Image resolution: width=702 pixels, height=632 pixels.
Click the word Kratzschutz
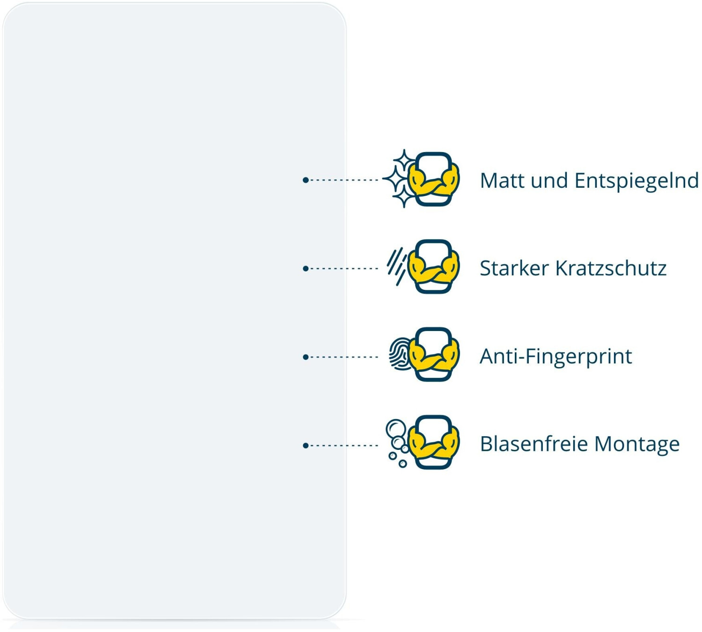(x=611, y=269)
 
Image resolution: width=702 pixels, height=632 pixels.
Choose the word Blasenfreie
(x=534, y=444)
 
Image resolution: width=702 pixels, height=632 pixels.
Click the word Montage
(x=637, y=445)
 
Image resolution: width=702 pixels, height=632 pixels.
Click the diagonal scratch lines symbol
(x=396, y=266)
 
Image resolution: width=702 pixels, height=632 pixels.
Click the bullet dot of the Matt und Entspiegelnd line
(x=306, y=180)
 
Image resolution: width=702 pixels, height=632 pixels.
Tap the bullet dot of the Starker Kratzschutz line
(x=306, y=269)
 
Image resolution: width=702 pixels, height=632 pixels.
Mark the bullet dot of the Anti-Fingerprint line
(x=306, y=357)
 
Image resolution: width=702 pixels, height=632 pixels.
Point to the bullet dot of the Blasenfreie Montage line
(x=306, y=446)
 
